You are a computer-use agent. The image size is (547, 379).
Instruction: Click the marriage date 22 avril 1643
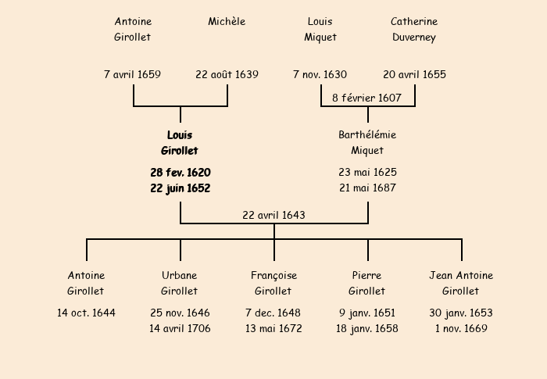[273, 215]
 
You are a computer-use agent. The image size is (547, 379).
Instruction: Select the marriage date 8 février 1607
[366, 98]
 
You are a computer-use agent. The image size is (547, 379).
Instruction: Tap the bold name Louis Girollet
[180, 143]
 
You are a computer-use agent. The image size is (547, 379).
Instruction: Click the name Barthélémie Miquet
[367, 143]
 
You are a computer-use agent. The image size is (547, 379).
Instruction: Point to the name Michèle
[227, 21]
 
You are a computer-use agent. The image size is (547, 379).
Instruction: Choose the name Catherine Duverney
[414, 29]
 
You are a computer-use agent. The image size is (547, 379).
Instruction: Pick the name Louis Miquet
[320, 29]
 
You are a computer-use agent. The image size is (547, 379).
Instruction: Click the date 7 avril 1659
[132, 75]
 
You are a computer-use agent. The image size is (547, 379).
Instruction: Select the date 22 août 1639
[227, 75]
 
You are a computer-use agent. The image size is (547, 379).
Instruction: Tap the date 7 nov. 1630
[320, 75]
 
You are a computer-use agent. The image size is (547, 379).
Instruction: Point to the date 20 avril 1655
[414, 75]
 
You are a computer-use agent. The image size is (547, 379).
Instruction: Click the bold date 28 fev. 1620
[180, 172]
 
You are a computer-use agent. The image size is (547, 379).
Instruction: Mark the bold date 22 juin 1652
[180, 188]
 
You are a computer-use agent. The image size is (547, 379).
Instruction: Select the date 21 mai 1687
[367, 188]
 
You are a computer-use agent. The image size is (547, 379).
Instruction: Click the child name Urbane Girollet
[180, 283]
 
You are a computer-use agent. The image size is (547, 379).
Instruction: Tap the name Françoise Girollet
[273, 283]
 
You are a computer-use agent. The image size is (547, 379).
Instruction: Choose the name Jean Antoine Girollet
[461, 283]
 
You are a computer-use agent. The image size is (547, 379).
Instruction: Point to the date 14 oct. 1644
[86, 313]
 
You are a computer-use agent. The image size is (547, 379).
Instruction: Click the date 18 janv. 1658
[367, 328]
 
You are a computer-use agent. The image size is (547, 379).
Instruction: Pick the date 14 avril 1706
[180, 328]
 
